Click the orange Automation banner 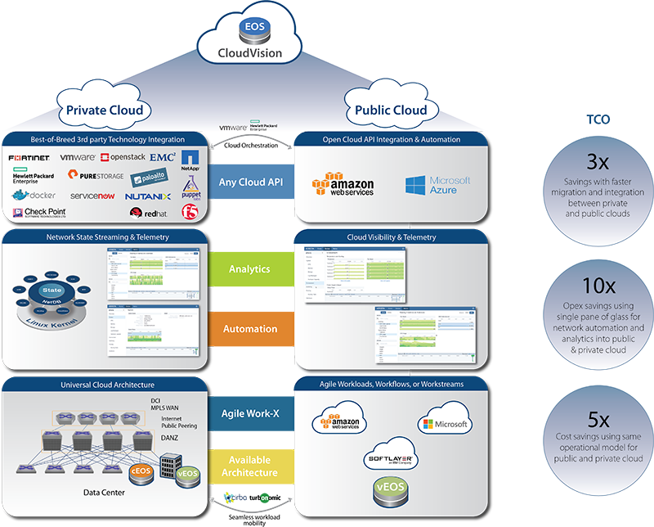click(249, 328)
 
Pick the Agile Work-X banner click(249, 413)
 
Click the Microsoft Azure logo click(438, 185)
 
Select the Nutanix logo click(148, 196)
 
